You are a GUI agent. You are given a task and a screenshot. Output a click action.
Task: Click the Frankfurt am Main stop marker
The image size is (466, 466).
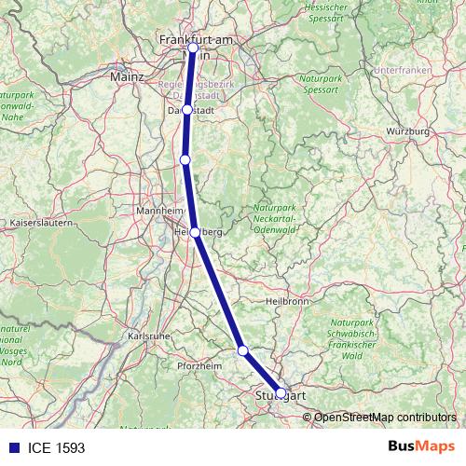click(x=193, y=48)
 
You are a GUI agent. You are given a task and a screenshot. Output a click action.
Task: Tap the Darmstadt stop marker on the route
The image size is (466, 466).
click(x=187, y=109)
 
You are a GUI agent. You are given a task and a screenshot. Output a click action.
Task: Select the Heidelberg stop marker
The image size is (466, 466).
click(x=194, y=232)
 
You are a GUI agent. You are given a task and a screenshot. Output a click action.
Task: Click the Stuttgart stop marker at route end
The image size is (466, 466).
click(x=281, y=393)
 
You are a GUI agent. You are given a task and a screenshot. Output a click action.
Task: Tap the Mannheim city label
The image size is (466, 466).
click(x=158, y=210)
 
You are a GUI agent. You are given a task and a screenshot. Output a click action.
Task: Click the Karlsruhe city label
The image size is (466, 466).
click(x=146, y=335)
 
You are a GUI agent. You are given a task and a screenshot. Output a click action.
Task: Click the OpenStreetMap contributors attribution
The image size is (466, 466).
click(x=384, y=417)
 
